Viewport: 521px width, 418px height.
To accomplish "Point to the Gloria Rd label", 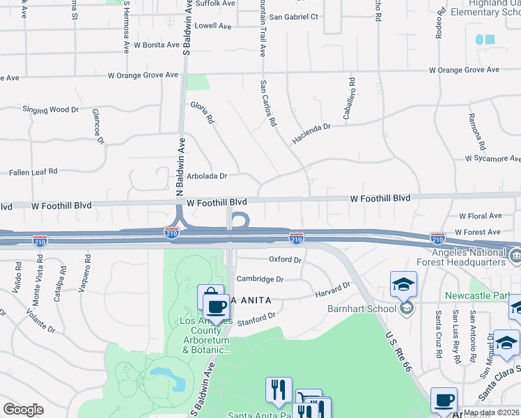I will [202, 112].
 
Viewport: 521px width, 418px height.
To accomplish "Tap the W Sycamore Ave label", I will [492, 159].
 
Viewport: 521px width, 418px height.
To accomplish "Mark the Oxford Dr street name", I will [286, 259].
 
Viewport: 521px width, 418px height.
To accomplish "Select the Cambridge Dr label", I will [260, 279].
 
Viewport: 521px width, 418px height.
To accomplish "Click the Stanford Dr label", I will [258, 319].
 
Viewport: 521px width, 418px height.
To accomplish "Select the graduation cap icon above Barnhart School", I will [403, 284].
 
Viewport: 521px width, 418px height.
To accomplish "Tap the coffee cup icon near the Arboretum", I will [216, 307].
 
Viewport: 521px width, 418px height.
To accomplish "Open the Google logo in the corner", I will [24, 410].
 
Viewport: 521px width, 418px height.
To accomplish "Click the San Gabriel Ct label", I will [293, 16].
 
